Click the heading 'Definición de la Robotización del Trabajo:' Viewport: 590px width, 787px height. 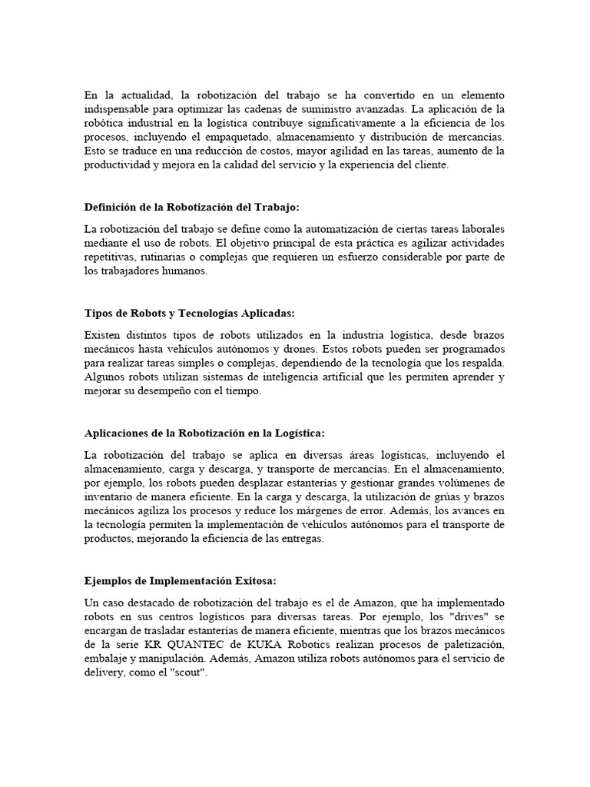tap(193, 208)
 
